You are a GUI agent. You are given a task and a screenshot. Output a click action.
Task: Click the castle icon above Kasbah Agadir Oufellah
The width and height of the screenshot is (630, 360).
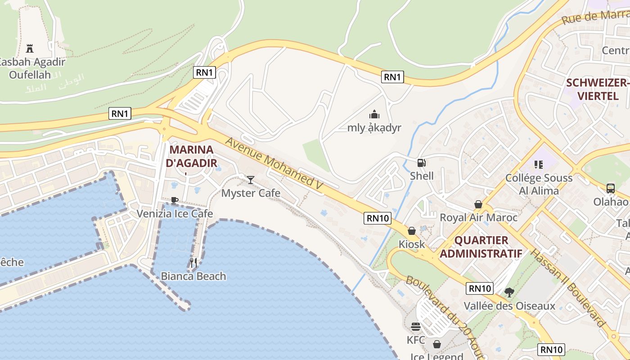(x=30, y=49)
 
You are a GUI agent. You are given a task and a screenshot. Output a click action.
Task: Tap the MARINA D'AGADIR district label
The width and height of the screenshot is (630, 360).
(x=191, y=156)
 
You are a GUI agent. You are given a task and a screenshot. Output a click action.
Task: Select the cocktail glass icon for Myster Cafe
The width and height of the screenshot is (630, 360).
(x=251, y=180)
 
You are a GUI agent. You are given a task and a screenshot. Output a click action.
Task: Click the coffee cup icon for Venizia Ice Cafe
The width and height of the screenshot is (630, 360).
(x=175, y=200)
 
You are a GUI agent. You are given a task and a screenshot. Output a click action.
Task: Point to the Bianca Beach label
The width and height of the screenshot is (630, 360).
(x=193, y=276)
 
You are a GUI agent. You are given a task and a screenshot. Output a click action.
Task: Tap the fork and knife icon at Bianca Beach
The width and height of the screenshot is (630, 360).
(x=193, y=263)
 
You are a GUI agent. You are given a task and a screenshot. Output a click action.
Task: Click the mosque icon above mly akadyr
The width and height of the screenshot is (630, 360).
(x=374, y=114)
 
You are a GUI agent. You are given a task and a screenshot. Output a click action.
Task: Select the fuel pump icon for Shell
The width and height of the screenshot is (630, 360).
(x=421, y=162)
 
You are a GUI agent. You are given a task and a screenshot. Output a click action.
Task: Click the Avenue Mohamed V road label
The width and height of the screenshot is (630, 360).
(x=274, y=166)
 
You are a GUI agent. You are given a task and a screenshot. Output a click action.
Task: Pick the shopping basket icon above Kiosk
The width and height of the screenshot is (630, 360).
(x=412, y=231)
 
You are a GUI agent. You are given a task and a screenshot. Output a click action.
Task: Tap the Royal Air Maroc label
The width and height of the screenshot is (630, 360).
(x=478, y=217)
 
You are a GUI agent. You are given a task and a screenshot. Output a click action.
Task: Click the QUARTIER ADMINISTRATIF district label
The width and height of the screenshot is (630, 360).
(x=481, y=247)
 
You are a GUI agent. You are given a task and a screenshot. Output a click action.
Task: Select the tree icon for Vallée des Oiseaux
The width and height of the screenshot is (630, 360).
(x=509, y=292)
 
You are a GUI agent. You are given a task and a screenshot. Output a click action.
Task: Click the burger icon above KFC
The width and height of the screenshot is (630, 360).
(x=415, y=326)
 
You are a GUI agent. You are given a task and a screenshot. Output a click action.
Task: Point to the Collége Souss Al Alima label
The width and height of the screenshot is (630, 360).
(x=539, y=184)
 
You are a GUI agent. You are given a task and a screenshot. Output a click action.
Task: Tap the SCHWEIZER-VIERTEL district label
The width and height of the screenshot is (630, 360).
(x=598, y=89)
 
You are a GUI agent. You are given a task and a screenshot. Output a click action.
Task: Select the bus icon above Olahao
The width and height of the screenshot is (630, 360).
(x=611, y=188)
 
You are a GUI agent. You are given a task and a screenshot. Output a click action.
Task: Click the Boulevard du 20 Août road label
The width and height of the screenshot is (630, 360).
(x=443, y=315)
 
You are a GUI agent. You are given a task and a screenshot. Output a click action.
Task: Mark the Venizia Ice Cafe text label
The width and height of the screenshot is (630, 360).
(x=175, y=213)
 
